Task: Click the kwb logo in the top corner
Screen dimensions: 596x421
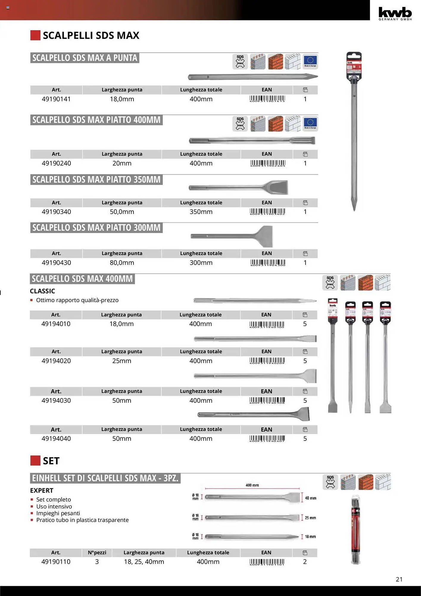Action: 395,13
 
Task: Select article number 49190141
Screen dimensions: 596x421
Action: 56,99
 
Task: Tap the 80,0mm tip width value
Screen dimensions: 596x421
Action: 122,263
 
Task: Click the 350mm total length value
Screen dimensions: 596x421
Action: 201,212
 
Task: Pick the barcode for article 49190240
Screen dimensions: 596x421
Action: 268,163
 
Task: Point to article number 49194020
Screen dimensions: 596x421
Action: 56,361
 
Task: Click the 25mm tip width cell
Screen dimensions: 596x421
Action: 121,361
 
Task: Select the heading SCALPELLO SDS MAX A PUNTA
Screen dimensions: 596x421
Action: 85,58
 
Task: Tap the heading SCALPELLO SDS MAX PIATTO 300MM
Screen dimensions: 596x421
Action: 96,228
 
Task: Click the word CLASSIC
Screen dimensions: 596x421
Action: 42,291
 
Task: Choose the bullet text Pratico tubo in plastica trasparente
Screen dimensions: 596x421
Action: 82,520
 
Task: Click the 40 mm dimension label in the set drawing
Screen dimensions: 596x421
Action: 311,498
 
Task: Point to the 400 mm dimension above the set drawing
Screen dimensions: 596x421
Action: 252,485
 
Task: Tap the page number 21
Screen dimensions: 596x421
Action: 399,579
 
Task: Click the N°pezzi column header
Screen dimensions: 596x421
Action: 97,552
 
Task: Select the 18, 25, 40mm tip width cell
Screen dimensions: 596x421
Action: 144,561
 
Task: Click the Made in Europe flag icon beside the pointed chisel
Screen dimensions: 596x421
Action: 310,61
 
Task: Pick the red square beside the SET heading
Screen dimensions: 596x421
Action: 35,460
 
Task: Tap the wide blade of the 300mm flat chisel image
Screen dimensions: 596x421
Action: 264,237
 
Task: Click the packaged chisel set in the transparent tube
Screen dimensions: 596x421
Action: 356,530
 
